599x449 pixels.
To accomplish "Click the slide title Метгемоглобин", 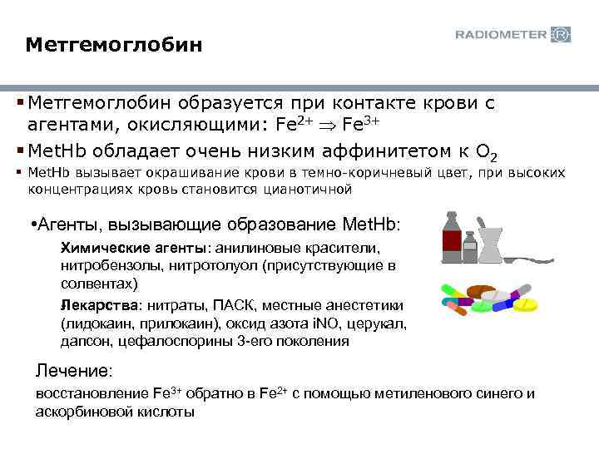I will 113,42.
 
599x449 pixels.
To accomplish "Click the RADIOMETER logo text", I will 501,35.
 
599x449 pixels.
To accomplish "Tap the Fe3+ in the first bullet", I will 363,126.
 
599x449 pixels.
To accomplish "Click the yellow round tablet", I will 526,305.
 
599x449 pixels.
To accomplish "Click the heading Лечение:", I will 74,370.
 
